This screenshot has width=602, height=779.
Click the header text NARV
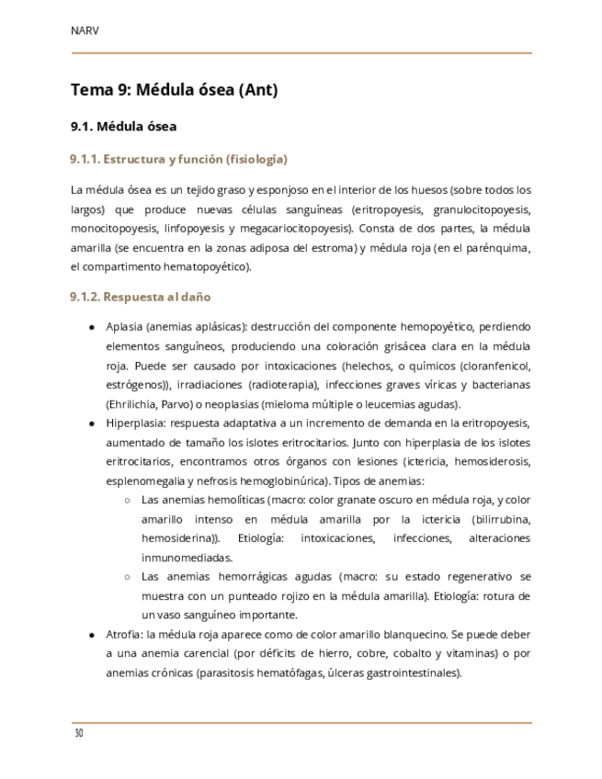85,30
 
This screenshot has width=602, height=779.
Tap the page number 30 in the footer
79,734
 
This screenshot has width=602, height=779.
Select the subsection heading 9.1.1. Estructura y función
179,160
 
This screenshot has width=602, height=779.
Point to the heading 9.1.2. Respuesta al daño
141,297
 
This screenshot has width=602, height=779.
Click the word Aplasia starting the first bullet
124,326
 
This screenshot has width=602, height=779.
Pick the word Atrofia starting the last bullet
124,634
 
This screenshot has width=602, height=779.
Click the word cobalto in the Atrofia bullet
415,653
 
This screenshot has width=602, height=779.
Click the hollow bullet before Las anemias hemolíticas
127,500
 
